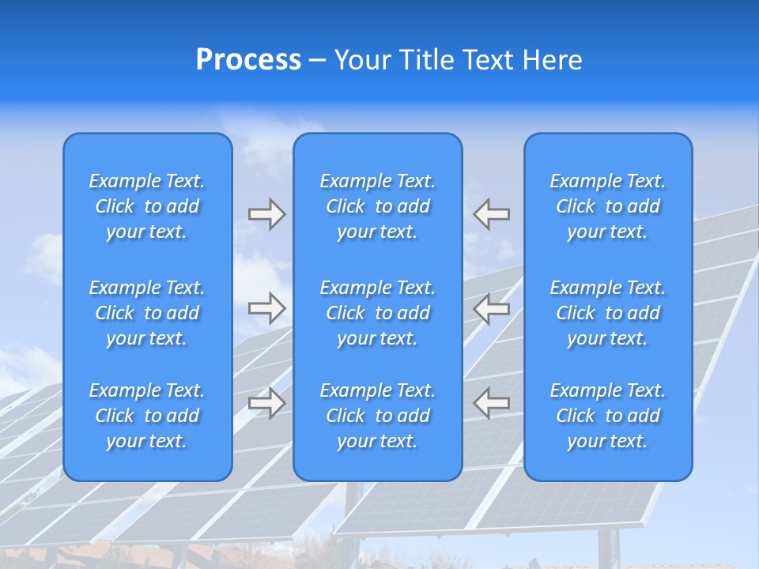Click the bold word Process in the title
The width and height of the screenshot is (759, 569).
click(x=248, y=60)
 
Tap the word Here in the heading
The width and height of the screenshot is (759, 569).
click(x=553, y=60)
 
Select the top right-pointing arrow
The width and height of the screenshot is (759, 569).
click(x=266, y=214)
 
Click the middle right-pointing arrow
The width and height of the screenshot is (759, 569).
click(x=266, y=307)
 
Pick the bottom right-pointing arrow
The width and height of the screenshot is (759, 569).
click(x=266, y=402)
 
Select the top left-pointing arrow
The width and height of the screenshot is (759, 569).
click(x=491, y=214)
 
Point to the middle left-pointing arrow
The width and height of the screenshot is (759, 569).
click(x=491, y=307)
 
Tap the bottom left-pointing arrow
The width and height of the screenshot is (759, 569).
click(x=491, y=402)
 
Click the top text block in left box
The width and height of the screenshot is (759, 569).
click(x=147, y=206)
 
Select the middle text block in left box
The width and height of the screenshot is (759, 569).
click(x=147, y=313)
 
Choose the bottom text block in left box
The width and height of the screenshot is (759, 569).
click(x=147, y=416)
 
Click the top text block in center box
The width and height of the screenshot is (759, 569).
click(x=377, y=206)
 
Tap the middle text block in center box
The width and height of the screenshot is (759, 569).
click(x=377, y=313)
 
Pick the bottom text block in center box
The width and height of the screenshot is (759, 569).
click(x=377, y=416)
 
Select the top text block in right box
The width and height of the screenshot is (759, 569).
click(x=607, y=206)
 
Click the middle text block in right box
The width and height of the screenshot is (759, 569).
click(x=607, y=313)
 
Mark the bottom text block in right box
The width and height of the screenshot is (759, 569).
click(x=607, y=416)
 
